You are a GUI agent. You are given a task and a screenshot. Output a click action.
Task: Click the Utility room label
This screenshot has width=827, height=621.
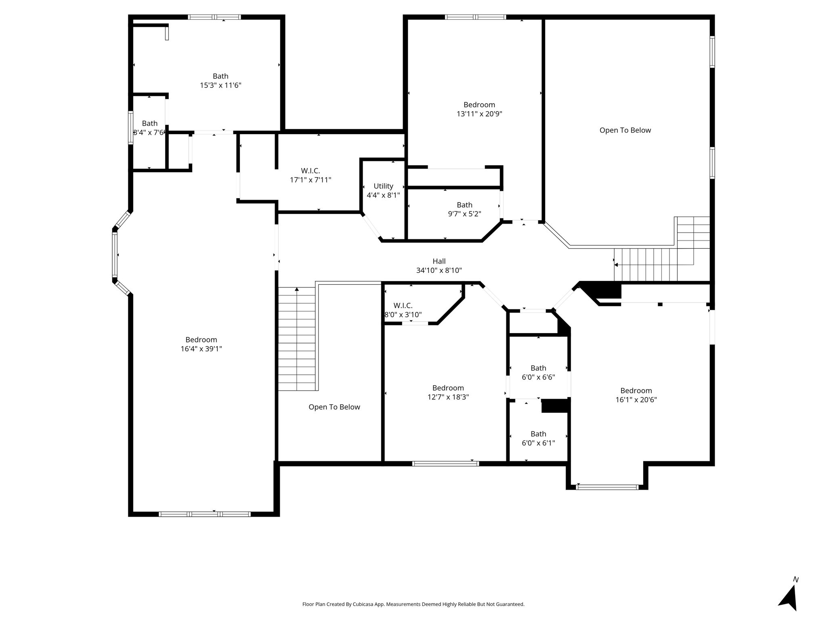tap(383, 190)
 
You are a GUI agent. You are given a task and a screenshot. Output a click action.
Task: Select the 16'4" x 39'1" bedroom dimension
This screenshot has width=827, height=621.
tap(201, 349)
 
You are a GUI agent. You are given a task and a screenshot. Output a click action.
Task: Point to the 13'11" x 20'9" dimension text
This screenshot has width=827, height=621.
tap(479, 114)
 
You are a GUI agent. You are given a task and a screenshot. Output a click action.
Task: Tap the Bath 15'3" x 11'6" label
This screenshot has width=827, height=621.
tap(220, 80)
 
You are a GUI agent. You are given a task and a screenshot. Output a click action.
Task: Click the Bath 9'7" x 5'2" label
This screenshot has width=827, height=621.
tap(464, 209)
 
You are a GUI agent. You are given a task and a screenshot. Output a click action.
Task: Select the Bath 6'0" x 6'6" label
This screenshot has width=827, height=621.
tap(538, 372)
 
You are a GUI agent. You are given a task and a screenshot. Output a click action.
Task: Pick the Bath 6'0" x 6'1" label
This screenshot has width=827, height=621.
tap(538, 438)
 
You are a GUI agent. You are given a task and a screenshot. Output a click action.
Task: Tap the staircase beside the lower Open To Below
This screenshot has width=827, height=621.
tap(296, 339)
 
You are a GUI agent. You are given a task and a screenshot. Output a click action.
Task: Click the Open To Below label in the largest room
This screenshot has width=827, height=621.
tap(625, 130)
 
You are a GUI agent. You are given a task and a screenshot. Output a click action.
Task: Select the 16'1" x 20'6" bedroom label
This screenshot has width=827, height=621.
tap(636, 395)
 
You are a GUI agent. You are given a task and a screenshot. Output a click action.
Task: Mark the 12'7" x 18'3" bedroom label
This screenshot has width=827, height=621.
tap(448, 392)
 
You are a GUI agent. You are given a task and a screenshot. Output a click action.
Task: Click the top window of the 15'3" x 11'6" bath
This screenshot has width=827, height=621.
tap(214, 17)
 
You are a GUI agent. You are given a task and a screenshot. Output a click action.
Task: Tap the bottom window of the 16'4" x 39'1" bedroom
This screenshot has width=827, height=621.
tap(204, 514)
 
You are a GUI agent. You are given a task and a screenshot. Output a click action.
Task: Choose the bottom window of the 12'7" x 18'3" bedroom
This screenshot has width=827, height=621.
tap(445, 463)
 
